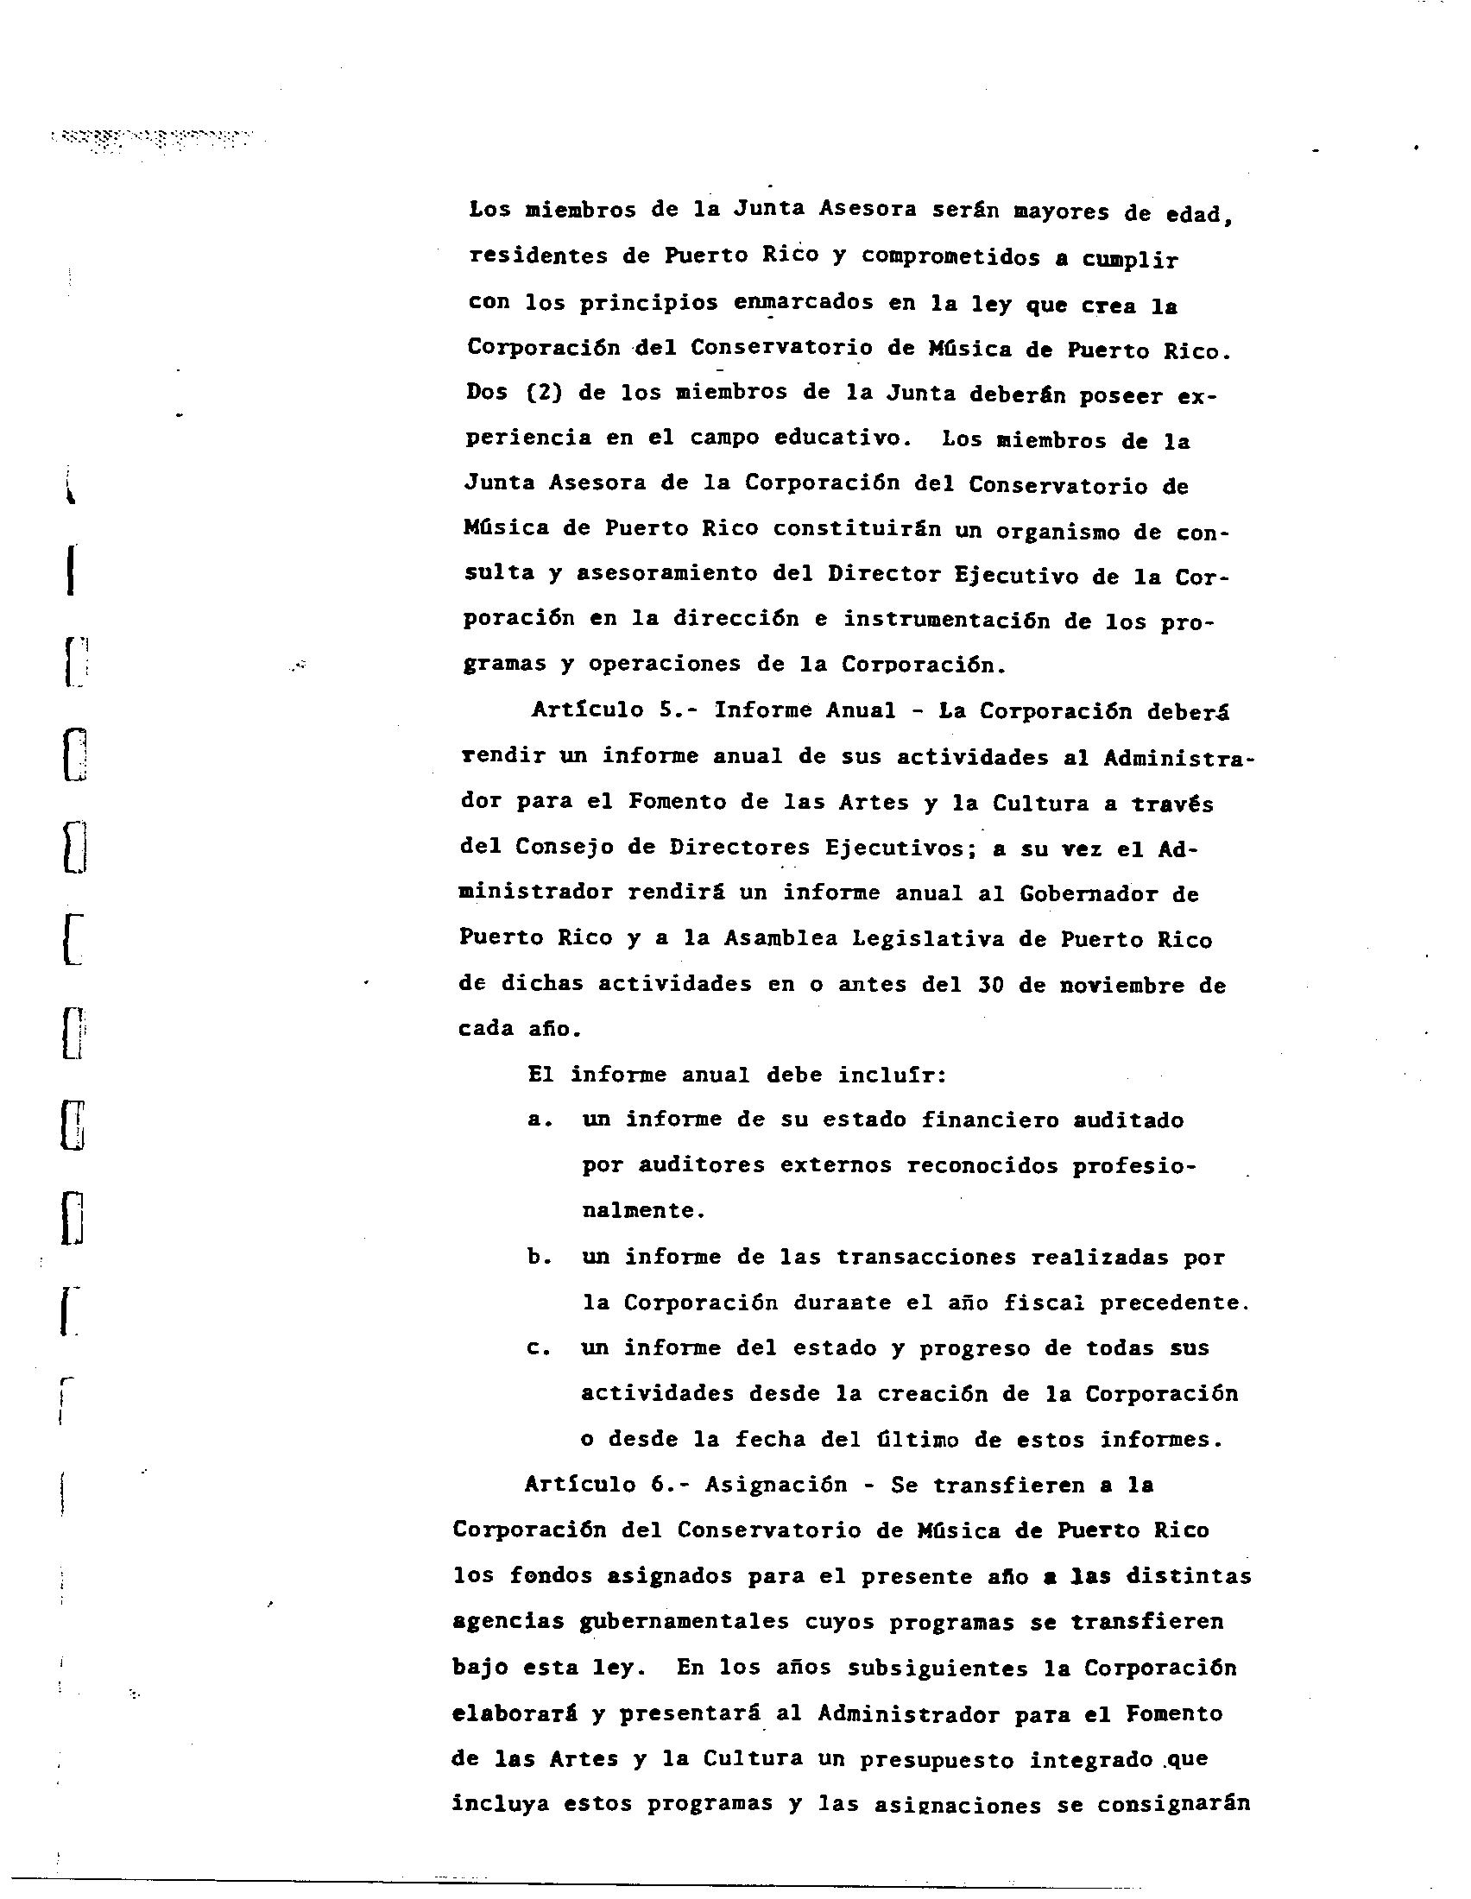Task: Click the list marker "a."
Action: point(540,1120)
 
